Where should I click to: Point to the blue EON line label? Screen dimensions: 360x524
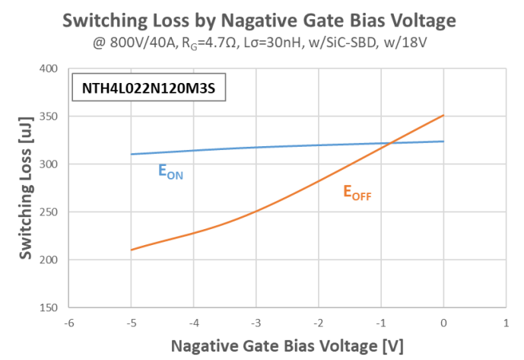[170, 173]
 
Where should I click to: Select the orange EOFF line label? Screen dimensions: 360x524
[357, 193]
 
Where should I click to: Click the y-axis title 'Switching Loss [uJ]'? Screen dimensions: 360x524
[25, 188]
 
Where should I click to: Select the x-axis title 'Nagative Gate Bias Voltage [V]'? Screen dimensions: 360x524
[287, 345]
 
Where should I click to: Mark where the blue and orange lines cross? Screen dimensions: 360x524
[390, 143]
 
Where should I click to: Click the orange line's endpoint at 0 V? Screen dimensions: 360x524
[443, 116]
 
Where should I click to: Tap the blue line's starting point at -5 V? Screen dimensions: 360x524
[131, 155]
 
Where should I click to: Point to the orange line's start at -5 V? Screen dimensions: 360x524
[131, 250]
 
